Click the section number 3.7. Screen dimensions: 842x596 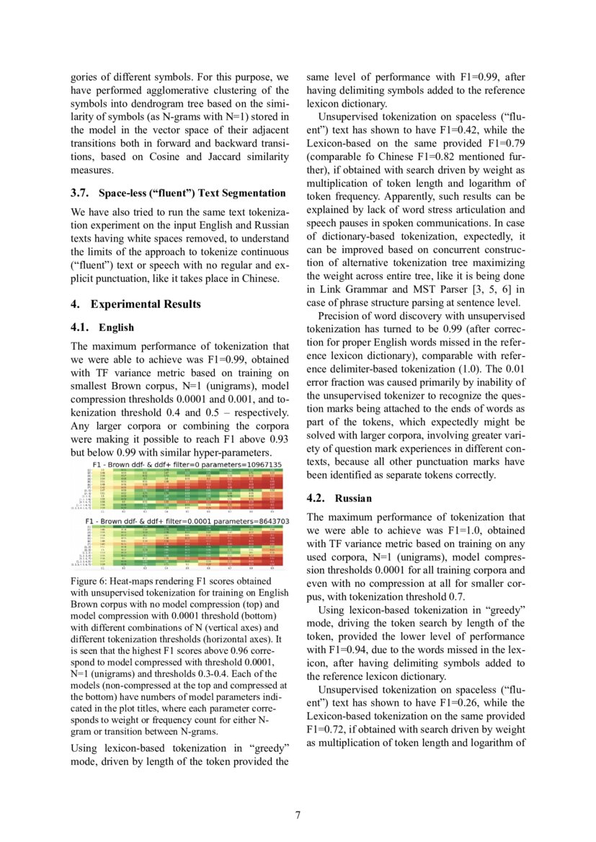81,193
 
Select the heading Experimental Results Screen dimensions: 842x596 146,304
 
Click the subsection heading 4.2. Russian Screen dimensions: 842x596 339,499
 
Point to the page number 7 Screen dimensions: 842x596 298,815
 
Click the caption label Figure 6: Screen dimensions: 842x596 92,581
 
